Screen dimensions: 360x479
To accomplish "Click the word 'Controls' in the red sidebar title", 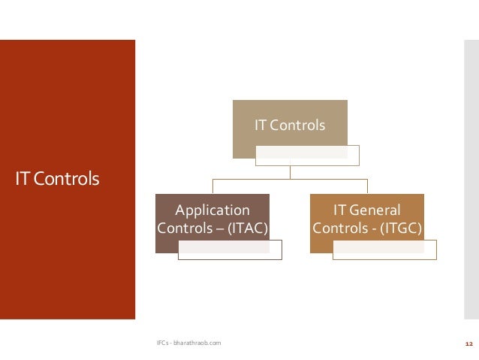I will click(65, 180).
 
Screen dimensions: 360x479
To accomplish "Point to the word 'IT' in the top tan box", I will click(261, 125).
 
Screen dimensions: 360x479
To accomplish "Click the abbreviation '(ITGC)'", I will click(399, 227).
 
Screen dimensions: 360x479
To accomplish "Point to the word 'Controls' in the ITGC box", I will click(339, 227).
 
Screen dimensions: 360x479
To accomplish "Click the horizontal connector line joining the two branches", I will click(290, 180).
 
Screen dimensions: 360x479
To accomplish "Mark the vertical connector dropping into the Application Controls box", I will click(212, 186).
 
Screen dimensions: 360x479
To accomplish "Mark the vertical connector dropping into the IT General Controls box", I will click(367, 186).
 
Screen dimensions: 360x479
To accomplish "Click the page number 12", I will click(468, 343).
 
